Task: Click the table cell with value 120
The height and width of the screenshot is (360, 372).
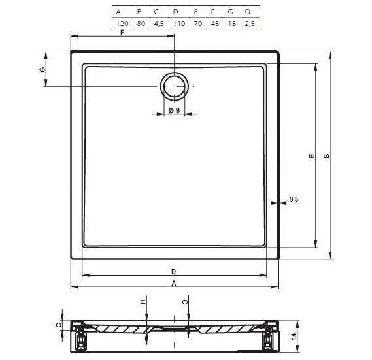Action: pos(122,24)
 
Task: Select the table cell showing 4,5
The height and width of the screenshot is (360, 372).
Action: pos(159,24)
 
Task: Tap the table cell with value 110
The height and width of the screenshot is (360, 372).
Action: pos(179,24)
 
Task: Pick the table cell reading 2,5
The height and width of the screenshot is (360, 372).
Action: pos(250,24)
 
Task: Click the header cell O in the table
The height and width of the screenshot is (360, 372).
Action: pos(250,12)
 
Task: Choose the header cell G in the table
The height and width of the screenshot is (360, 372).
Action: pos(232,12)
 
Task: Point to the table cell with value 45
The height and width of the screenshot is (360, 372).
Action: pos(215,24)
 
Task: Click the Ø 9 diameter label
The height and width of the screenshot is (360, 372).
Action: pos(175,110)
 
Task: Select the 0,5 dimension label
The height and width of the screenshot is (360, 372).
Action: pos(294,199)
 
